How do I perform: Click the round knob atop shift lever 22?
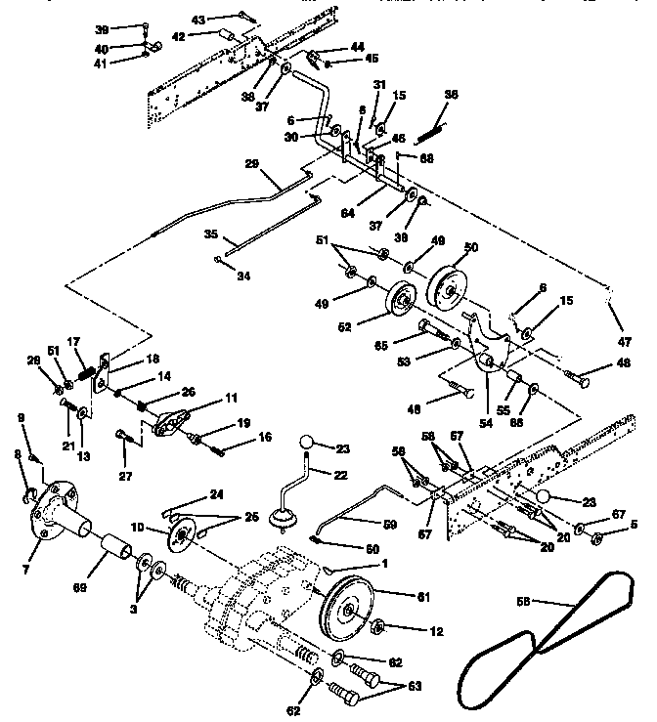[x=309, y=445]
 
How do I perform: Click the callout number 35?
[x=211, y=236]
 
